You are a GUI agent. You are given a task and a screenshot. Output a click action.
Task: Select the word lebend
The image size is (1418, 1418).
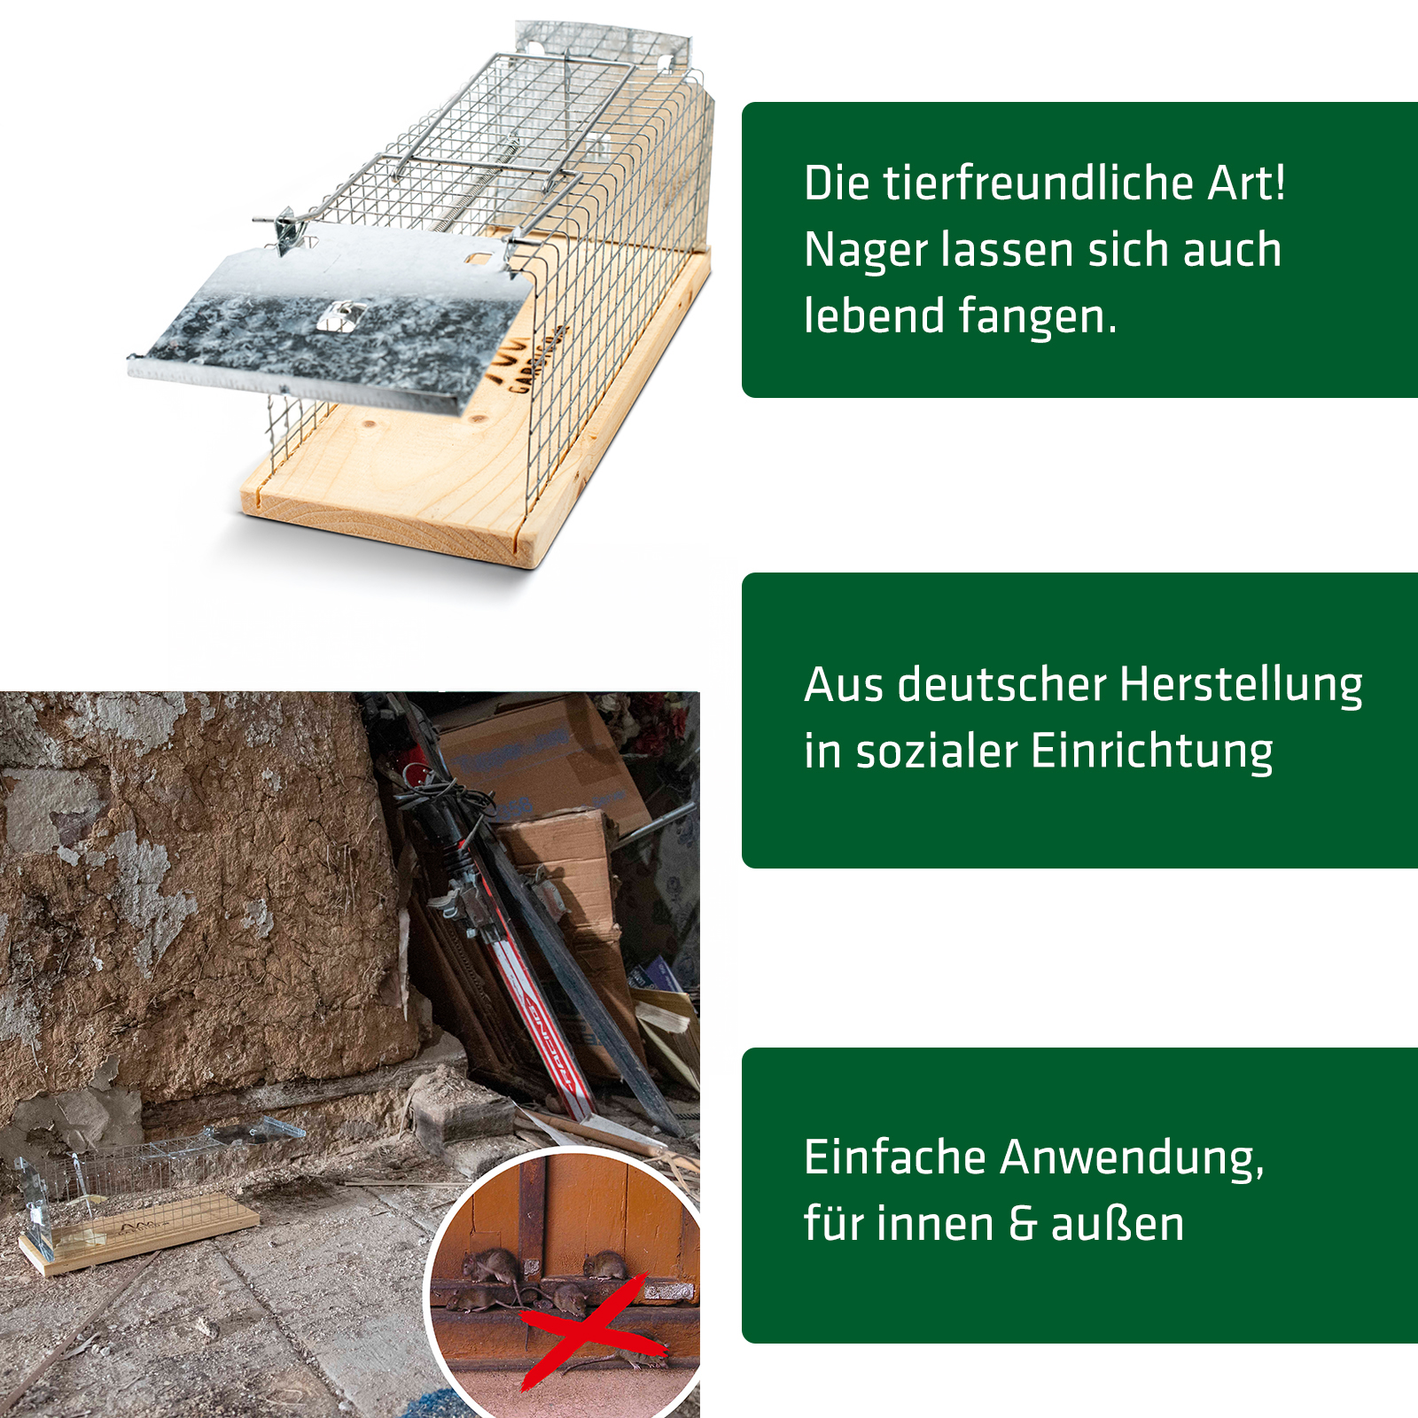tap(873, 316)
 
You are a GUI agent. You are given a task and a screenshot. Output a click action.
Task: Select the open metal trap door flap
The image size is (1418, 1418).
tap(332, 319)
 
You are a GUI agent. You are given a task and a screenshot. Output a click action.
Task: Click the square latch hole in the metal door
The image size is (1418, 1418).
tap(340, 315)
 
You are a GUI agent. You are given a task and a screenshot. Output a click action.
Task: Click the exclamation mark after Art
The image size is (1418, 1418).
tap(1279, 183)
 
